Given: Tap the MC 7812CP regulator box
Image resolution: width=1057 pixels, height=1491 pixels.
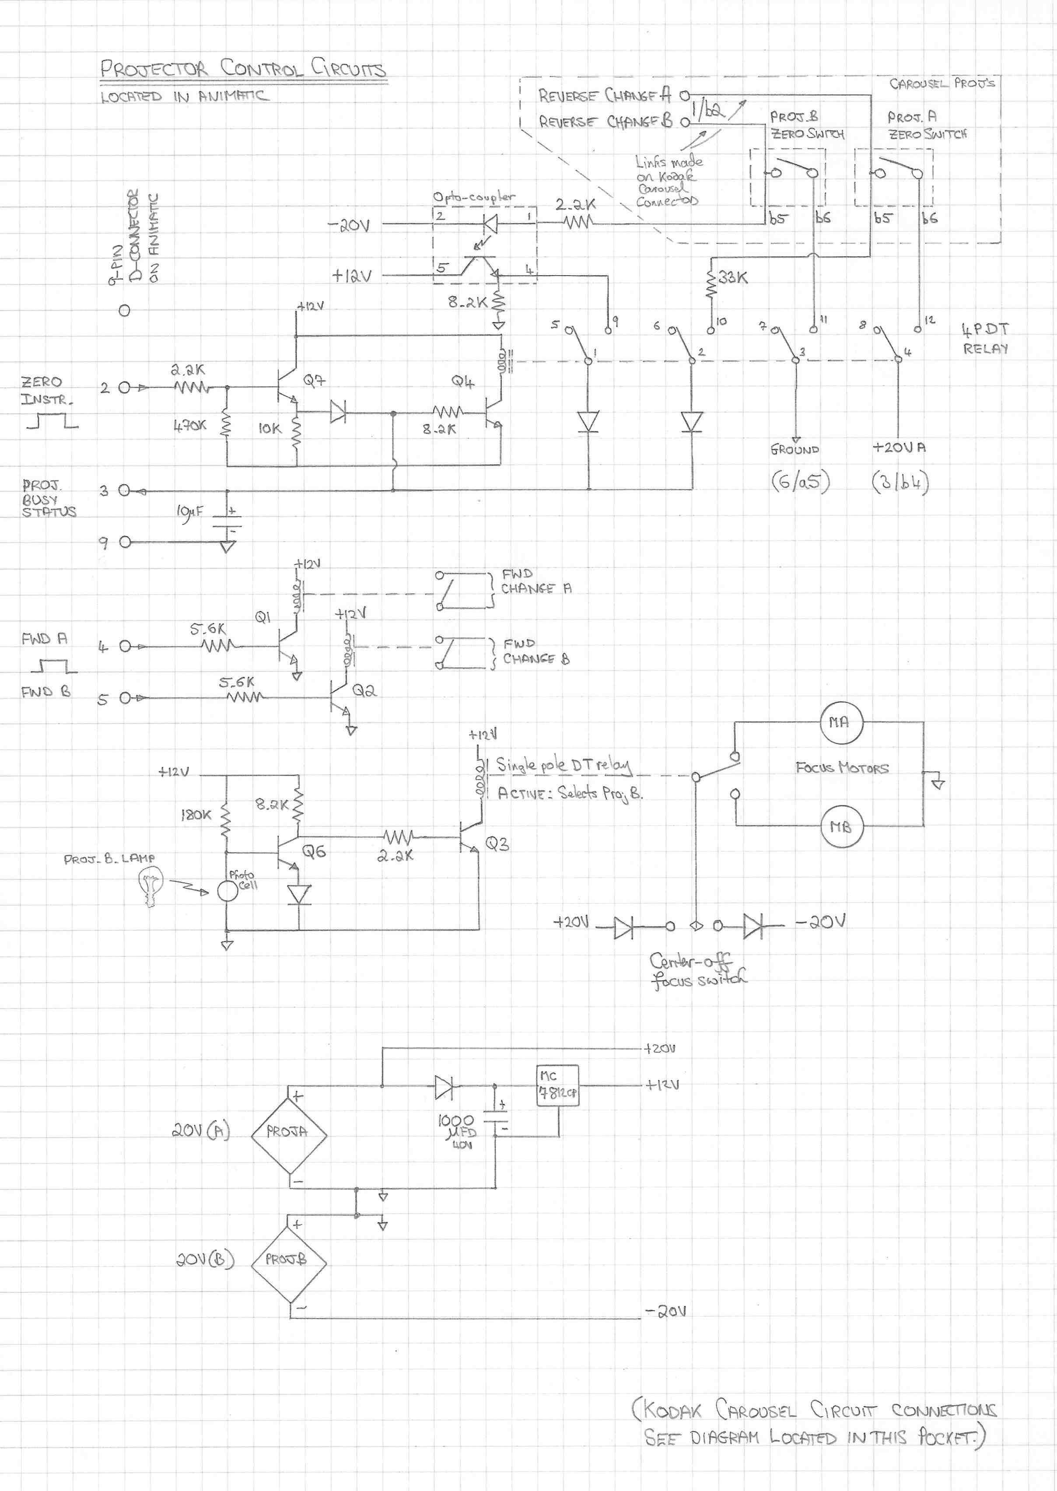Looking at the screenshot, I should pos(557,1085).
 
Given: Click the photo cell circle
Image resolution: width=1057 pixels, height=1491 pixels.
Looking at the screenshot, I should pos(227,891).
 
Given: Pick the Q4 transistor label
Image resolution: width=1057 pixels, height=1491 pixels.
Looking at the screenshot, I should pos(463,381).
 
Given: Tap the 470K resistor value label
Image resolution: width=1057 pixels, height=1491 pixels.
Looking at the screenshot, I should pos(189,426).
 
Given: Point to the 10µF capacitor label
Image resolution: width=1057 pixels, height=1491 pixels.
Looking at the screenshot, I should pos(189,512).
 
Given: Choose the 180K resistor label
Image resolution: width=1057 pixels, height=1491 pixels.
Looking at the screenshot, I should pos(196,815).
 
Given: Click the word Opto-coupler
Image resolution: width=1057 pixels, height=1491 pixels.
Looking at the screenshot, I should pos(474,196).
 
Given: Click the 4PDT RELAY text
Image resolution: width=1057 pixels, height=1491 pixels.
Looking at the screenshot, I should pos(985,339).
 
